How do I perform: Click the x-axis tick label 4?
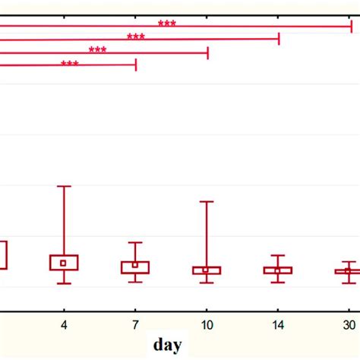tap(64, 325)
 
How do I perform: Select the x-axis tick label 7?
tap(135, 325)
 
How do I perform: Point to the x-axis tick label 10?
tap(206, 325)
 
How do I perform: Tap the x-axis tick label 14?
tap(277, 325)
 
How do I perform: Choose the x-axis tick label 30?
tap(348, 325)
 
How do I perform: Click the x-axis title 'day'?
tap(167, 345)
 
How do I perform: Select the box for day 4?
tap(64, 263)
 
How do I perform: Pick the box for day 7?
tap(135, 267)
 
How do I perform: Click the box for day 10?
tap(206, 270)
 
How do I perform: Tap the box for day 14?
tap(277, 270)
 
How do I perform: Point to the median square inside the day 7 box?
tap(135, 265)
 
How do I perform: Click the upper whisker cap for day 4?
tap(64, 186)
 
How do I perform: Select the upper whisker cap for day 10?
tap(206, 201)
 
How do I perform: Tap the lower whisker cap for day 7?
tap(135, 282)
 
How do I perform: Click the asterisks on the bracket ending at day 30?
tap(167, 24)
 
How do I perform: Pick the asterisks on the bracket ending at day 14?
tap(136, 36)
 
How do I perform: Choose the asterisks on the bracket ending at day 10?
tap(97, 50)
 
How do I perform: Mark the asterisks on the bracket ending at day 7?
tap(69, 64)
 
